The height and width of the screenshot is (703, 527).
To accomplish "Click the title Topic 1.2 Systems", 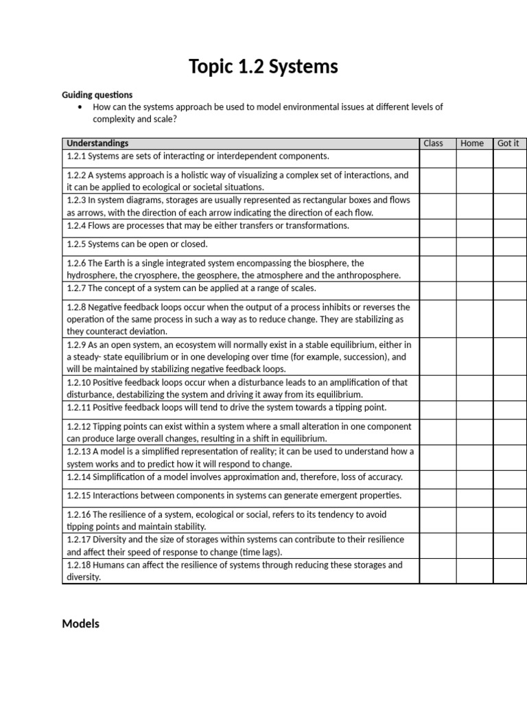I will click(263, 67).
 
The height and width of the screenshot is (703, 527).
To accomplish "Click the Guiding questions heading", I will click(97, 95).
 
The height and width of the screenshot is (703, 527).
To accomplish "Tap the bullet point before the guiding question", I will click(81, 107).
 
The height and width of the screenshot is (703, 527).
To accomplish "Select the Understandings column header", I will click(97, 143).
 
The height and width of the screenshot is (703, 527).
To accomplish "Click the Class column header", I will click(433, 143).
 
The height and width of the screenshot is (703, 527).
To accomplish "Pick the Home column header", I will click(472, 143).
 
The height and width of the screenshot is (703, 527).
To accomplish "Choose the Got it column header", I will click(508, 143).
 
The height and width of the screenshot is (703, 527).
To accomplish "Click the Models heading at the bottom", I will click(80, 623).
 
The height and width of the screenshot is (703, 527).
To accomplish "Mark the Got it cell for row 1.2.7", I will click(510, 290).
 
